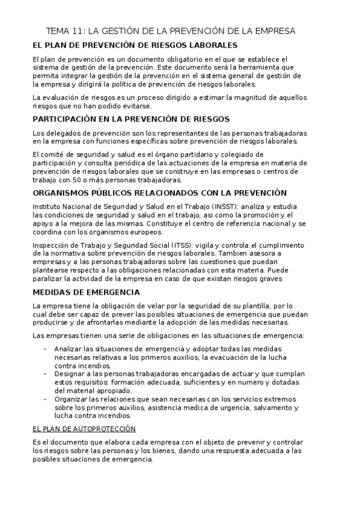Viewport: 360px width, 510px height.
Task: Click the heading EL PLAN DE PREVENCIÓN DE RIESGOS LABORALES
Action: (x=135, y=46)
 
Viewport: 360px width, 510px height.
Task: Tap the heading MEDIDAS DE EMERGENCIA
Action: (x=87, y=292)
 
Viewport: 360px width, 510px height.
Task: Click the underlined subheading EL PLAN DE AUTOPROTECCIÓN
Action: (x=85, y=428)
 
